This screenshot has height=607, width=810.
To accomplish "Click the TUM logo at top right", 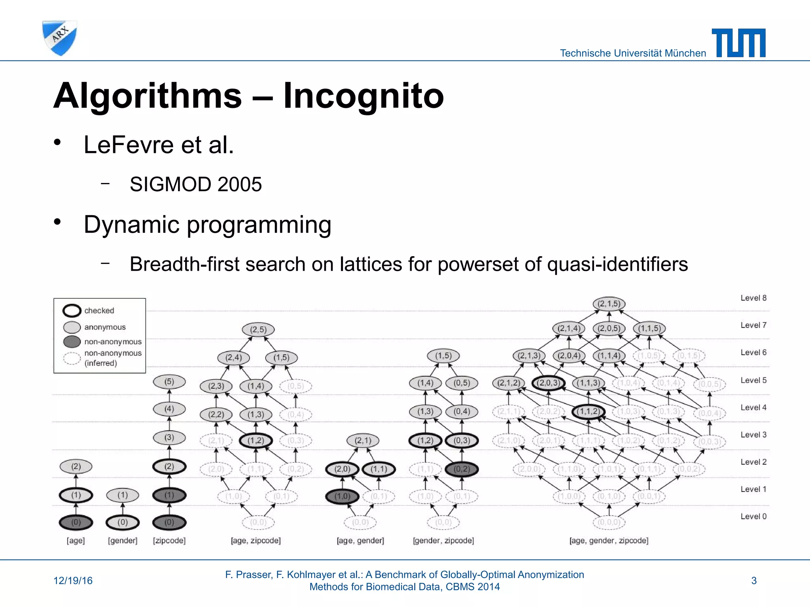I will pyautogui.click(x=738, y=43).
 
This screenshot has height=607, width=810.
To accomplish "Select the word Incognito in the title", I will pyautogui.click(x=363, y=96).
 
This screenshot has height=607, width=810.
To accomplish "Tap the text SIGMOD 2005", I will pyautogui.click(x=195, y=184).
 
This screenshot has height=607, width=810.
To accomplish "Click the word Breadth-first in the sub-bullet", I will pyautogui.click(x=184, y=264).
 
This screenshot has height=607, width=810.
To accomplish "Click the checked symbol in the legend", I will pyautogui.click(x=72, y=311).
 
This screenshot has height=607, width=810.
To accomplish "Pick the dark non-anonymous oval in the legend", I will pyautogui.click(x=72, y=341).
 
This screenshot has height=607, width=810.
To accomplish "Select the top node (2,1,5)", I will pyautogui.click(x=609, y=303).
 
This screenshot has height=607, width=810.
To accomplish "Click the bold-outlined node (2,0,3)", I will pyautogui.click(x=548, y=383).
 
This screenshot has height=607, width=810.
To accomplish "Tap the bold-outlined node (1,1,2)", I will pyautogui.click(x=588, y=411).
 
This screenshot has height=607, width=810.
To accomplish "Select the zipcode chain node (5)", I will pyautogui.click(x=169, y=382).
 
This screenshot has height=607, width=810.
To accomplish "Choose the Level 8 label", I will pyautogui.click(x=753, y=298).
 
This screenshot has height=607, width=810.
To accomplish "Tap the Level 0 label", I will pyautogui.click(x=753, y=517).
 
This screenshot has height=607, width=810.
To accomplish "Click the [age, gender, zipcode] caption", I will pyautogui.click(x=609, y=541).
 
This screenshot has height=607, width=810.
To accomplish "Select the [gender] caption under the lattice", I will pyautogui.click(x=123, y=541).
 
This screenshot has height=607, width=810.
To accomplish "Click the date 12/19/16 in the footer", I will pyautogui.click(x=73, y=581).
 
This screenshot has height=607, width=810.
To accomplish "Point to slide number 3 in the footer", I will pyautogui.click(x=754, y=581).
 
